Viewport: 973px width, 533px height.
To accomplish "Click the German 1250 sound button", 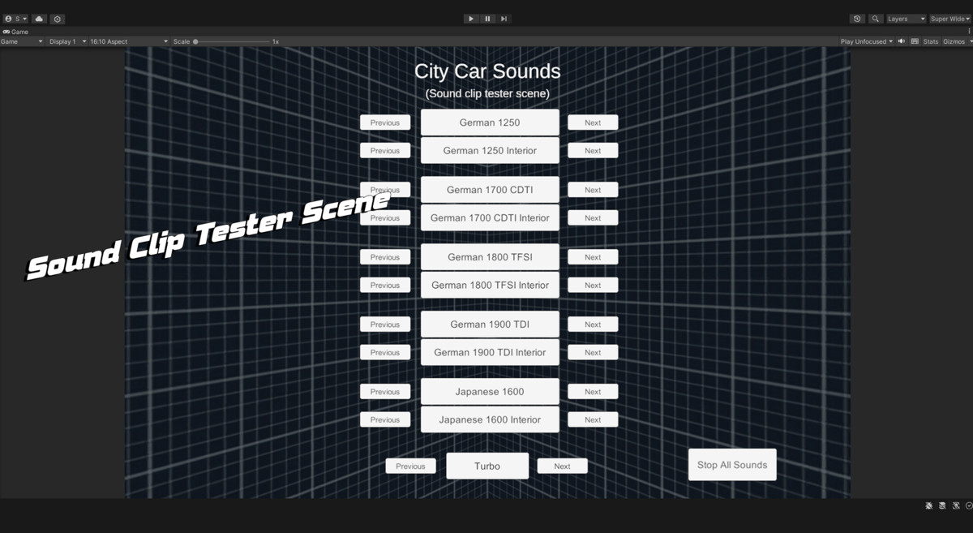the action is click(x=490, y=123).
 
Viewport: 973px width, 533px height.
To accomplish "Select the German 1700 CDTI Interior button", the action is click(x=490, y=217).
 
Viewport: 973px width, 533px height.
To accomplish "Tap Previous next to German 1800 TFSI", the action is click(x=385, y=257).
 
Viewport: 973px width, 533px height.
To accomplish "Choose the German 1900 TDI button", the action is click(x=490, y=324).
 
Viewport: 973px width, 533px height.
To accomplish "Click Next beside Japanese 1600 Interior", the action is click(x=593, y=419).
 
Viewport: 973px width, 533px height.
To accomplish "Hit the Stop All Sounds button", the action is click(x=732, y=465).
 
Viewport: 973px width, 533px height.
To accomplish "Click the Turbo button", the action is click(x=487, y=466).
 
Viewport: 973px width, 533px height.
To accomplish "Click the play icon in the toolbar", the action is click(x=471, y=19).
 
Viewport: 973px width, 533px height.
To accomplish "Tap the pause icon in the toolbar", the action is click(x=487, y=19).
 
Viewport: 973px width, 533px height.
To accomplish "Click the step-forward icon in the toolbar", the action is click(x=504, y=19).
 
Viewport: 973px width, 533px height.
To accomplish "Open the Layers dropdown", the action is click(x=907, y=19).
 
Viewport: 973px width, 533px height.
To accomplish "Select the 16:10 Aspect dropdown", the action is click(x=129, y=41).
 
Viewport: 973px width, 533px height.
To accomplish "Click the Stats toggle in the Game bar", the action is click(x=931, y=41).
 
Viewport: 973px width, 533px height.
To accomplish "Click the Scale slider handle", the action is click(x=195, y=41).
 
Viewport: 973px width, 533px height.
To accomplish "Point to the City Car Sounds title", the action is click(x=487, y=71).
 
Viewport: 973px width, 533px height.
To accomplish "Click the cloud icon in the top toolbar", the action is click(x=39, y=19).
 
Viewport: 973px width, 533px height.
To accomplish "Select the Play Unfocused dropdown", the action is click(x=867, y=41).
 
